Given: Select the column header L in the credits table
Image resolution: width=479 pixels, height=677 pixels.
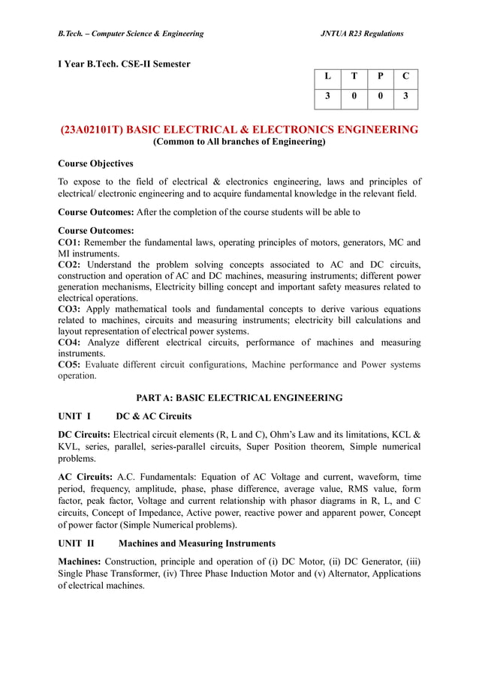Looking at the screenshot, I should pos(327,76).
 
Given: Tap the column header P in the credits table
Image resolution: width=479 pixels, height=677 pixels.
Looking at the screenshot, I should pos(380,76).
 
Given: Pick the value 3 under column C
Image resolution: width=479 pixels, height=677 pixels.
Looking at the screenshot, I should pos(405,96).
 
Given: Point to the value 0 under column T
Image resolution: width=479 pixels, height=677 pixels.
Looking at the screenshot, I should pos(354,96).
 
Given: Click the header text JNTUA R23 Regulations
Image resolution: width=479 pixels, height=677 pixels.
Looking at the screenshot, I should pos(362,34).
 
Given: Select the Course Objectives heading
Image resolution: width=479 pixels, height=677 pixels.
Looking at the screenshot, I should pos(95,163).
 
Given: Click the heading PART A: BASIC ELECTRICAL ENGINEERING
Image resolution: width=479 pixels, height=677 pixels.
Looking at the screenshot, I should pos(239,397).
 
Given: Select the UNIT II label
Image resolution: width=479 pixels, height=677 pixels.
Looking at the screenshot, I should pos(76,543).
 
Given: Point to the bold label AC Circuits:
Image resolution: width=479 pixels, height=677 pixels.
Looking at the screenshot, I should pos(85,477).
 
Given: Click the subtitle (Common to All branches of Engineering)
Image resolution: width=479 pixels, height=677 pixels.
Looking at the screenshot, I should pos(239,142).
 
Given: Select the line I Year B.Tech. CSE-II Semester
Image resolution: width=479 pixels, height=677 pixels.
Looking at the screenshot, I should pos(124,63).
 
